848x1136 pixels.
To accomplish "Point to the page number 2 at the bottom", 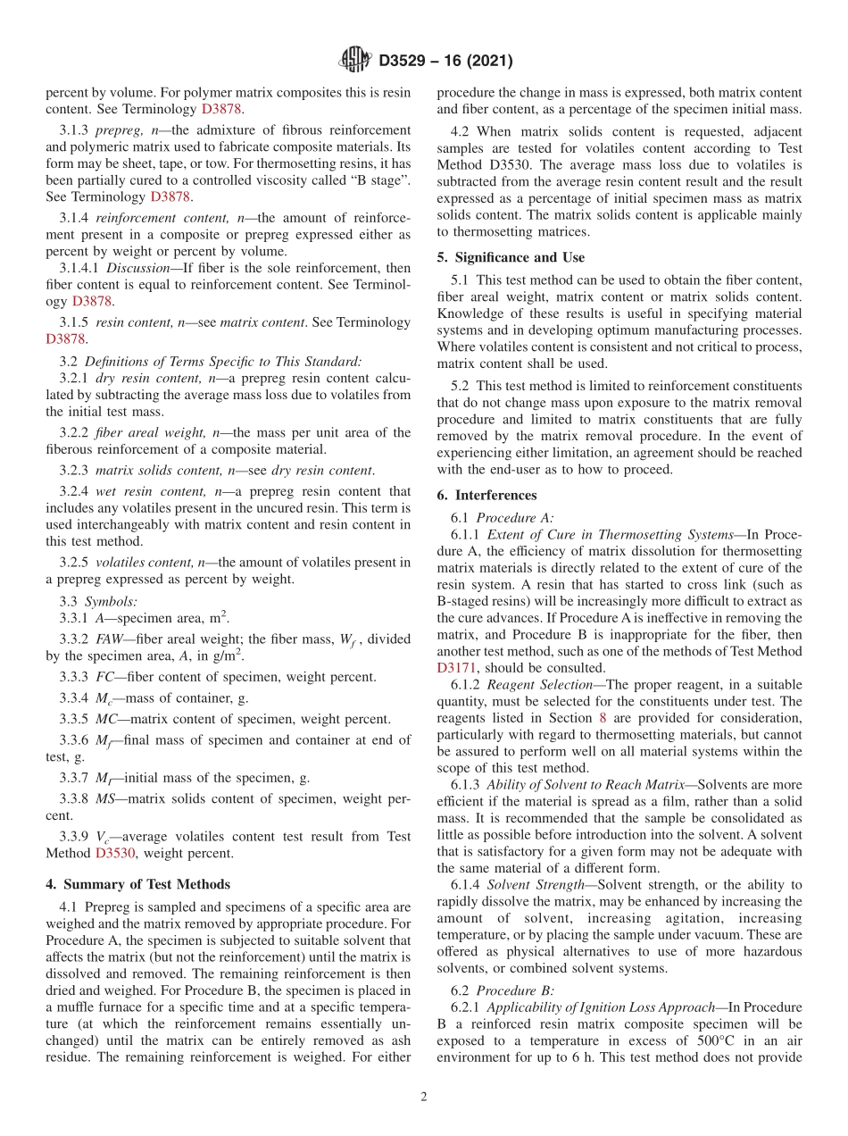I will click(424, 1097).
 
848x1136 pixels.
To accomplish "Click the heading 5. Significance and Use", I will click(511, 257).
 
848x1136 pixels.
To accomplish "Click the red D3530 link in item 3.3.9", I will click(114, 853).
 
